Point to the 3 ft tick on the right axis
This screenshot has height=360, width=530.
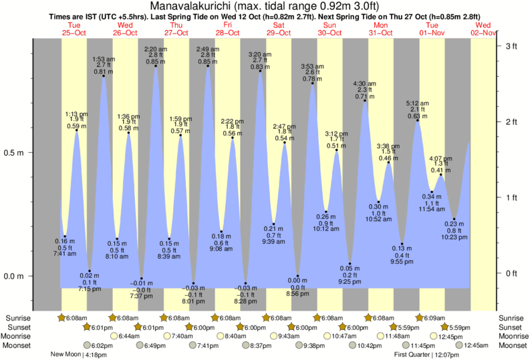pos(511,46)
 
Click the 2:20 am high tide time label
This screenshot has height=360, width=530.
pos(156,49)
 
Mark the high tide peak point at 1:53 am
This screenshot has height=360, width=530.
pos(103,76)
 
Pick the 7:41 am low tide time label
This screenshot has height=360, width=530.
pos(64,253)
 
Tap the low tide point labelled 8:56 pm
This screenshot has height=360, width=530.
pos(297,276)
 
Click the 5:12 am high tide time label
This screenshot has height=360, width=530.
pos(418,104)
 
